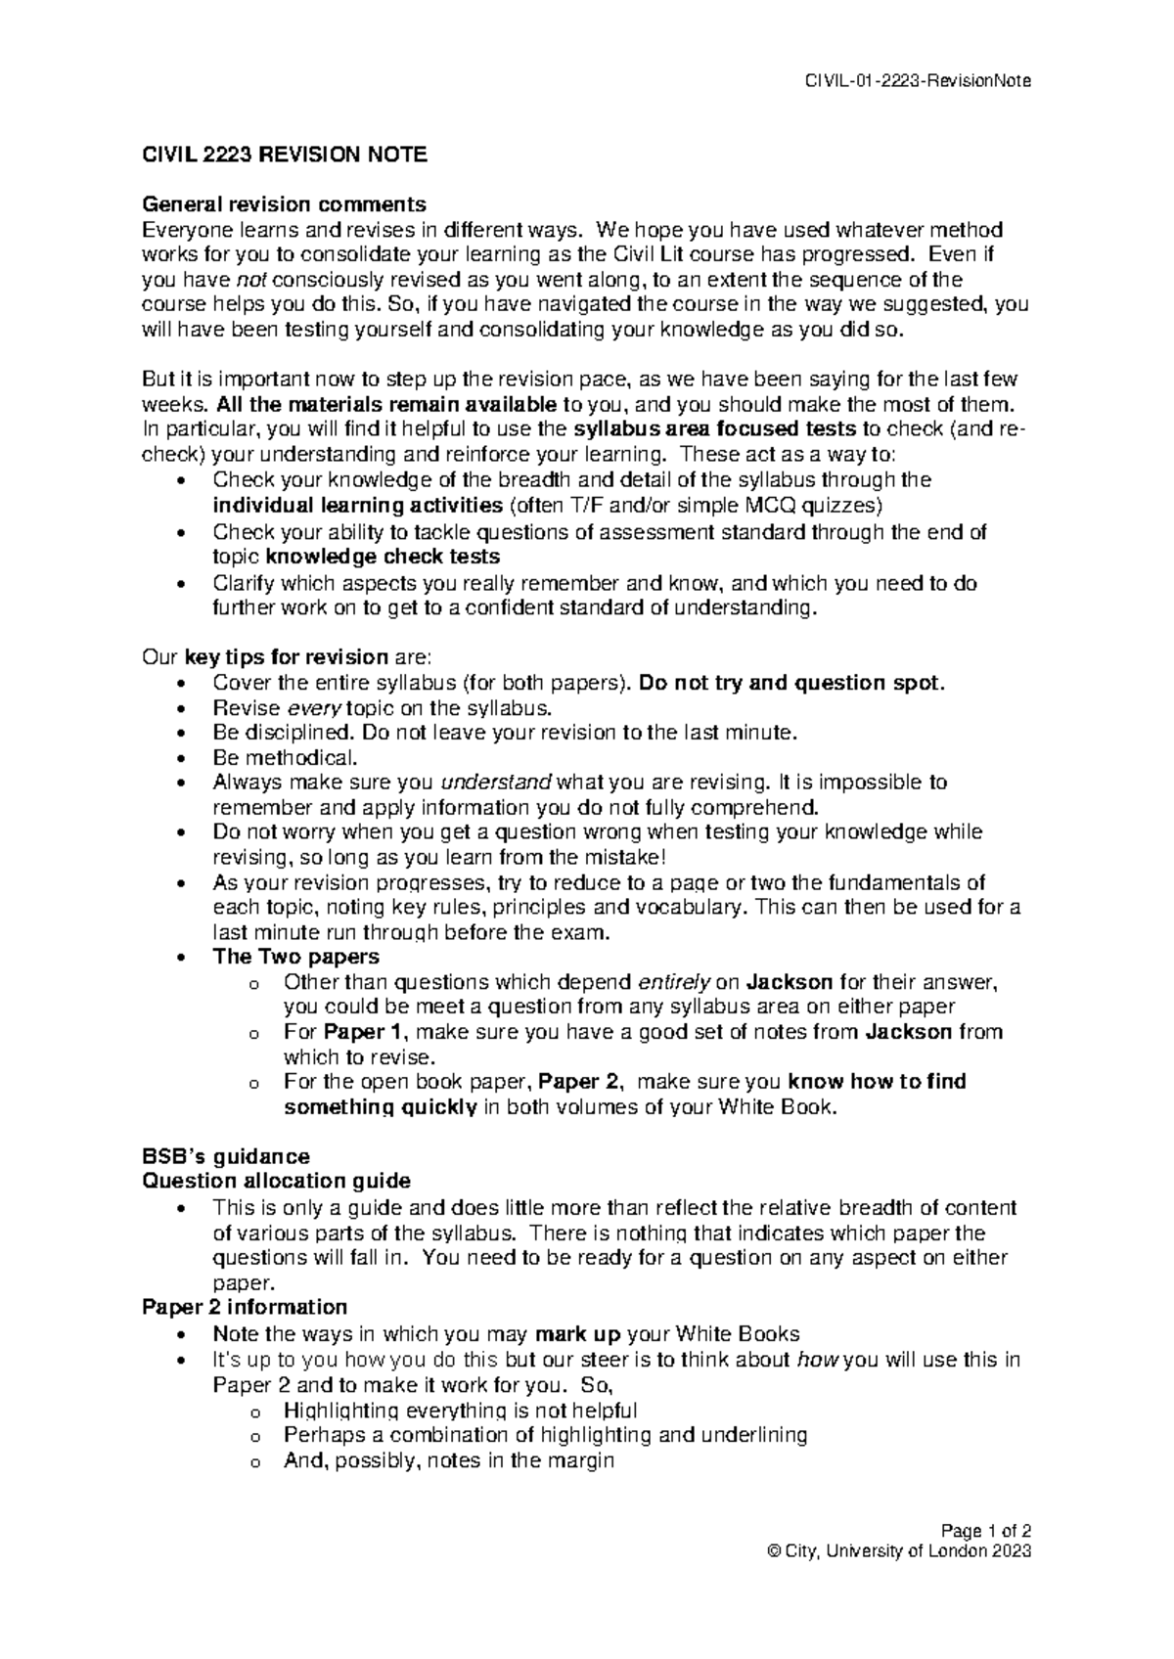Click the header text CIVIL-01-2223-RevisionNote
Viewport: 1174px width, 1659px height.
917,81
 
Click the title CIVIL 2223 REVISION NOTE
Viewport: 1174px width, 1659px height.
284,155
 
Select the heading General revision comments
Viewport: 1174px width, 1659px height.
284,204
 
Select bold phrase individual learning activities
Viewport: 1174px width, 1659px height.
356,506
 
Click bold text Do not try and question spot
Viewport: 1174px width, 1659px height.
790,683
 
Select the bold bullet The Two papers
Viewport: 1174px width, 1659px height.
295,957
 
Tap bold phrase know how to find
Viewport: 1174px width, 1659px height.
877,1082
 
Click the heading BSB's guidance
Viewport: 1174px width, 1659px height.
225,1156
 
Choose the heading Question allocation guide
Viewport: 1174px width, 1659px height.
276,1181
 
